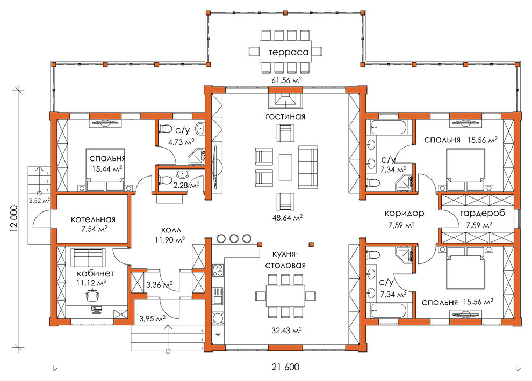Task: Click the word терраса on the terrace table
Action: (x=289, y=52)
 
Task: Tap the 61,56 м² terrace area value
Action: (x=286, y=80)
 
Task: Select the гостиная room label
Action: (x=285, y=116)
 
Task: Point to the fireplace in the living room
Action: (x=285, y=99)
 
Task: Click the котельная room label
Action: (x=93, y=219)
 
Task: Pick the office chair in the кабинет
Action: (x=92, y=295)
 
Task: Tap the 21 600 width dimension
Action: (x=285, y=367)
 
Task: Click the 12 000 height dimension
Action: (x=13, y=218)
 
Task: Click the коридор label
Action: (x=404, y=213)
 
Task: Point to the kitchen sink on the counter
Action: (x=218, y=296)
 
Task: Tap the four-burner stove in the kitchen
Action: (x=218, y=271)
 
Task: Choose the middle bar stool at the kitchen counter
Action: (x=234, y=238)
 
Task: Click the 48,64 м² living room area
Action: (x=287, y=218)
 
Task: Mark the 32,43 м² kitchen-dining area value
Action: (x=286, y=330)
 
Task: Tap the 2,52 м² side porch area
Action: (x=39, y=201)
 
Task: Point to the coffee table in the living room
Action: (x=285, y=167)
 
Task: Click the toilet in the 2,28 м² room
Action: (x=165, y=179)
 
